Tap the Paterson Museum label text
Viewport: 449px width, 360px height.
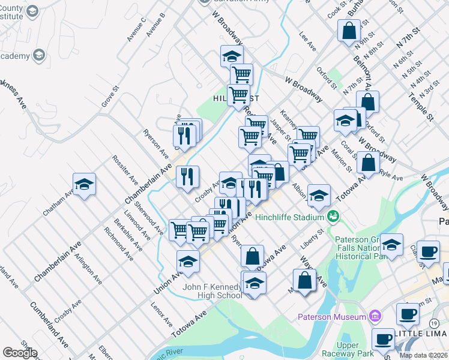(332, 316)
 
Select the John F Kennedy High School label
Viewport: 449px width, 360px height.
(212, 291)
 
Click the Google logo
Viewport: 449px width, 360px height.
(20, 353)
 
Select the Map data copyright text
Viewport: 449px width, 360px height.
(424, 355)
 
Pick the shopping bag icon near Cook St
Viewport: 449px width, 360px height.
(349, 31)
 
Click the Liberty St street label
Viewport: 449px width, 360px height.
(312, 235)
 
